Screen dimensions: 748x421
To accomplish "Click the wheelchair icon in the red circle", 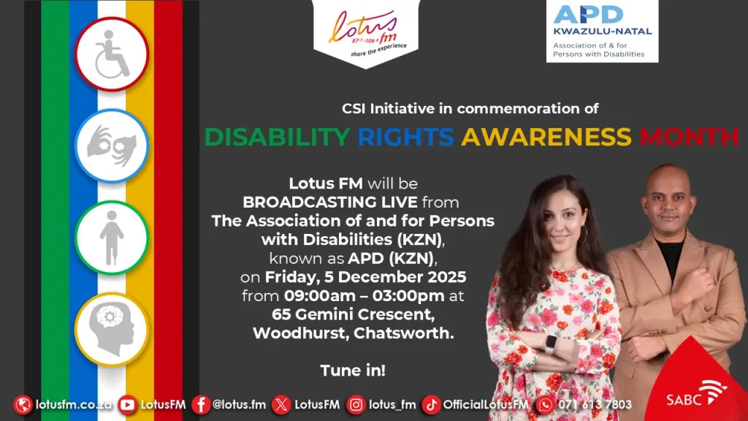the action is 112,54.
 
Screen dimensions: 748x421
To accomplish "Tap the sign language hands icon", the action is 112,145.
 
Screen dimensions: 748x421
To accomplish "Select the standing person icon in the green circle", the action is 112,238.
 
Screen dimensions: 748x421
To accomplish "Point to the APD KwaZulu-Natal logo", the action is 602,31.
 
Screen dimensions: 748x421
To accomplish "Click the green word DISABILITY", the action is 277,137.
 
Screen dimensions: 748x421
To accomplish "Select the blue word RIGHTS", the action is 405,137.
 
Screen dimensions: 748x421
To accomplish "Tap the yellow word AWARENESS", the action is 546,137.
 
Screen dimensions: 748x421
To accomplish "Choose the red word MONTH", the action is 690,137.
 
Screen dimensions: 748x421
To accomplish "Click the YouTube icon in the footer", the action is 127,405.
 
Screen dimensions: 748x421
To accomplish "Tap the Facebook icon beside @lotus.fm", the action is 201,405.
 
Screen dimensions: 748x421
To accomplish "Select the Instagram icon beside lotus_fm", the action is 356,405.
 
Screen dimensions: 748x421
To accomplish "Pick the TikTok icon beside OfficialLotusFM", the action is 431,405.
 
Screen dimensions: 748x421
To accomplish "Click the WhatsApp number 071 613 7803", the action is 595,405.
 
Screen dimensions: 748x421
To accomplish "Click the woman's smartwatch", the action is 551,345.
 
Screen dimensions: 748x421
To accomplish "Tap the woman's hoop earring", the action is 584,234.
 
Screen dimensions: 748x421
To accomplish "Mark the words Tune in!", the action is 353,371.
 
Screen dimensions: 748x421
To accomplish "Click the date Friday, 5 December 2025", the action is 365,277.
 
